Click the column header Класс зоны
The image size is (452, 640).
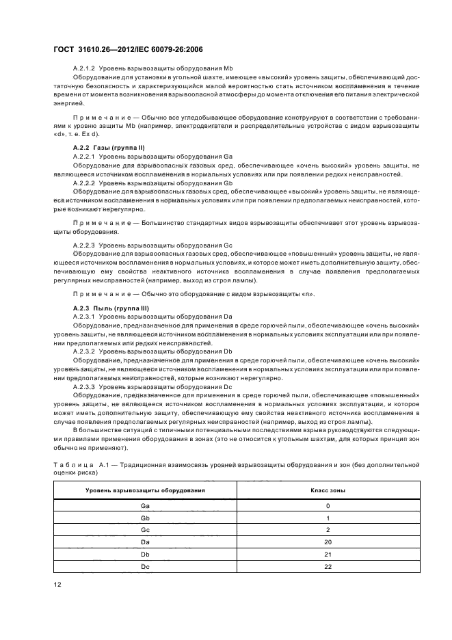(x=328, y=491)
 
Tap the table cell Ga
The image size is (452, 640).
(x=145, y=505)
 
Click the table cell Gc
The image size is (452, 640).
(x=145, y=529)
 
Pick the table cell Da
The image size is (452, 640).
(x=145, y=542)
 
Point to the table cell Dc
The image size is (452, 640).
(x=145, y=566)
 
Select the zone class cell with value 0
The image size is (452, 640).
(x=328, y=505)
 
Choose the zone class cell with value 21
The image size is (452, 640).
(x=328, y=554)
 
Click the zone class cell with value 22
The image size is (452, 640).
(x=328, y=566)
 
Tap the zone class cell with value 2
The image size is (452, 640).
(x=328, y=529)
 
